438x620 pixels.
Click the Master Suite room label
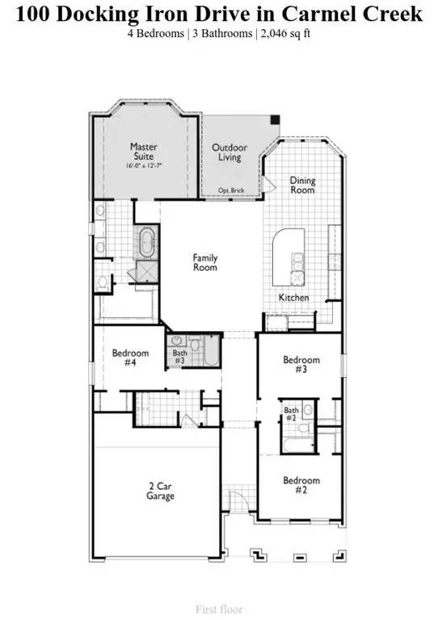click(144, 152)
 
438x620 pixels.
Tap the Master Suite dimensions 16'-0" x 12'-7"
click(144, 165)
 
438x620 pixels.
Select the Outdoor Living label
click(230, 153)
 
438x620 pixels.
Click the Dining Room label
click(303, 185)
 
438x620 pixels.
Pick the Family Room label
click(204, 262)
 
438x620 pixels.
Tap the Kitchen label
click(293, 298)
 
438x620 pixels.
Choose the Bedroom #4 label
click(130, 358)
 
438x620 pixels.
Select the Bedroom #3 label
click(301, 364)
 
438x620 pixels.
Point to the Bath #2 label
click(292, 414)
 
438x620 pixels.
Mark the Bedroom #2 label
click(301, 485)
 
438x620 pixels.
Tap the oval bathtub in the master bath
click(147, 241)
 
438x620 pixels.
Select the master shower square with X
click(147, 270)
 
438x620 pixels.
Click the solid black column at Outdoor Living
click(275, 119)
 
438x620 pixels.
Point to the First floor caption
click(219, 610)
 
